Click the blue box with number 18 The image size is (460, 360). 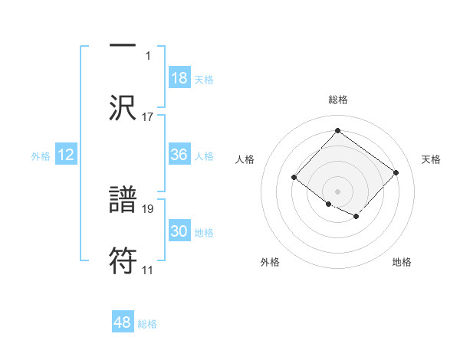[x=179, y=78]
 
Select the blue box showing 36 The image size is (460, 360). [x=179, y=155]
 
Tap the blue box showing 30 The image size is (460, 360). [x=179, y=231]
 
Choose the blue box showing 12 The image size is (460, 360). [x=66, y=155]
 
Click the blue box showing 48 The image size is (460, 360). [x=123, y=322]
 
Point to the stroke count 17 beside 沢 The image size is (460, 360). [x=148, y=117]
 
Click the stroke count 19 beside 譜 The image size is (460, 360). [x=148, y=208]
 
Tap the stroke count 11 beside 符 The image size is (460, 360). [x=148, y=270]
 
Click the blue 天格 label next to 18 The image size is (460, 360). [x=204, y=79]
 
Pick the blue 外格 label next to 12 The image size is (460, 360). [x=41, y=155]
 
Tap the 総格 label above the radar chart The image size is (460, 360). [x=337, y=100]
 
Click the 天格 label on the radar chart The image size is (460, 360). [x=431, y=159]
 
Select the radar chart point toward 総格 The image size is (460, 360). [x=337, y=130]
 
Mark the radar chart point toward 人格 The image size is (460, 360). [x=294, y=178]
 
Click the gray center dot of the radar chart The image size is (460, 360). [x=337, y=191]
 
